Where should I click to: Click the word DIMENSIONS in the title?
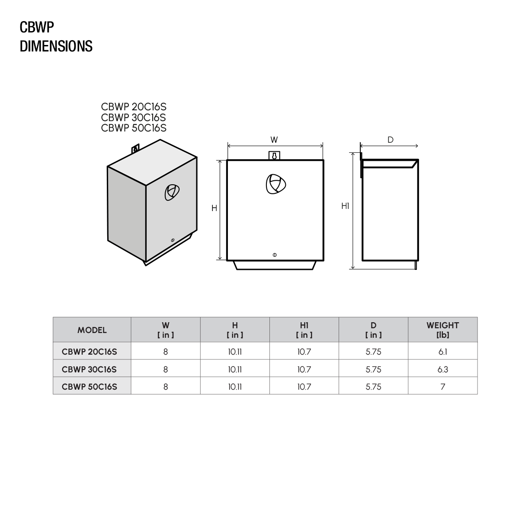(56, 46)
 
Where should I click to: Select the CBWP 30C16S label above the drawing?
(134, 117)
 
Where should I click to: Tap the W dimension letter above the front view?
(274, 140)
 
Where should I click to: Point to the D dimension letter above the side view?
(391, 140)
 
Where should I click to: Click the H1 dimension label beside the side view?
(345, 206)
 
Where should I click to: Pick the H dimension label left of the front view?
(214, 208)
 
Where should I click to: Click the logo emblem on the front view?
(276, 184)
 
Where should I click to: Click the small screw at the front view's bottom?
(275, 255)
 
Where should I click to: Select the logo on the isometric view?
(171, 192)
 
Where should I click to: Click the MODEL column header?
(92, 330)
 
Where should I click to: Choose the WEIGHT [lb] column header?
(442, 330)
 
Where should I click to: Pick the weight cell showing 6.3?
(442, 369)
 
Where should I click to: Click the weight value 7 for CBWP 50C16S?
(442, 387)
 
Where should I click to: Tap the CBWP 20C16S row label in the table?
(90, 352)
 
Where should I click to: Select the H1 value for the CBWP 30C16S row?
(304, 369)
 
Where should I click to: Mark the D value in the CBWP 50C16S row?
(373, 387)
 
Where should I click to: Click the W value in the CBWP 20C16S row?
(166, 352)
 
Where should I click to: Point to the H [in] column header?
(235, 330)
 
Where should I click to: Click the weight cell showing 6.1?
(442, 352)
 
